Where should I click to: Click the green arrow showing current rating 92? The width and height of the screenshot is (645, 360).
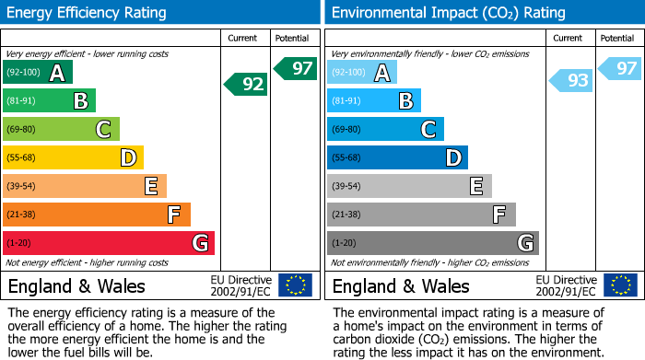coord(246,85)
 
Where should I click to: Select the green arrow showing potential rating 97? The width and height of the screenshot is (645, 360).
coord(296,68)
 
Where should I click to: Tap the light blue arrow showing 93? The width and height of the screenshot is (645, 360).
coord(571,81)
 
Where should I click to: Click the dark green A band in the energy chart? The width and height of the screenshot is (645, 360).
coord(38,73)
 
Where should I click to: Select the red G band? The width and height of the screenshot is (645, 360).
coord(109,243)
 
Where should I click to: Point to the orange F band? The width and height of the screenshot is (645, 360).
coord(97,215)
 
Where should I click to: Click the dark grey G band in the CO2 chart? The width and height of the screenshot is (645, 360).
coord(432,243)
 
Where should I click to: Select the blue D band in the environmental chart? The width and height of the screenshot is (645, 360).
coord(397,157)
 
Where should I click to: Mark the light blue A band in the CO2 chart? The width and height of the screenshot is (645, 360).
coord(362,73)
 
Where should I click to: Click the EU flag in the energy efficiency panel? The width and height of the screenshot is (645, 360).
coord(295,285)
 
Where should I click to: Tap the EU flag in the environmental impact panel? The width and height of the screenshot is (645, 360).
coord(619,285)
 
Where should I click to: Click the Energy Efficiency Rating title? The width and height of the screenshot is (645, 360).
coord(87,13)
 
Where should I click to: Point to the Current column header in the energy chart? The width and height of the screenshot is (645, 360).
coord(244,38)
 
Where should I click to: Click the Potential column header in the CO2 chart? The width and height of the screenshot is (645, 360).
coord(617,38)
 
